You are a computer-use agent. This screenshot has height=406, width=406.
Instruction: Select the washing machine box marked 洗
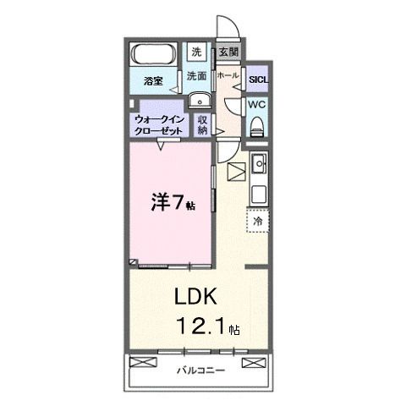(x=196, y=52)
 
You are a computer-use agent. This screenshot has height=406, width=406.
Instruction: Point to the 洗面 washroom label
(x=196, y=76)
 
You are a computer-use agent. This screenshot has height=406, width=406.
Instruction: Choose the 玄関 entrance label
(x=228, y=52)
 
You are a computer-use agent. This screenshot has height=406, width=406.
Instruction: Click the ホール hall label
(x=227, y=76)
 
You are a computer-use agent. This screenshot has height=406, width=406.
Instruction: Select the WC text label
(x=257, y=105)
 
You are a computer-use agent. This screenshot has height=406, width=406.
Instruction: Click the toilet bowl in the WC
(x=257, y=125)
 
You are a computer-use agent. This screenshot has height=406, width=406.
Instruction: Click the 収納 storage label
(x=204, y=125)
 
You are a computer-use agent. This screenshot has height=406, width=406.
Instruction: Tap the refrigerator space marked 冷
(x=257, y=220)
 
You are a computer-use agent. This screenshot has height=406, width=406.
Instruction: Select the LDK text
(x=196, y=298)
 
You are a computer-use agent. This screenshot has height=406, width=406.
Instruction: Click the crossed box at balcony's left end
(x=145, y=363)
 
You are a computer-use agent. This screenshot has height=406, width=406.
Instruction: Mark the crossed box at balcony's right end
(x=253, y=363)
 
